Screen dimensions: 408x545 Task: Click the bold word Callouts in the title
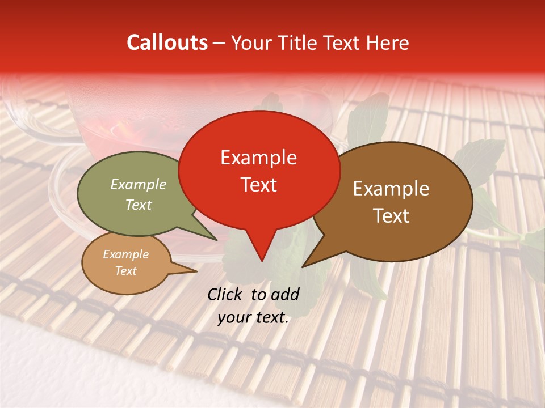[167, 42]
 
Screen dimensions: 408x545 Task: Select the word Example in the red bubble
[258, 158]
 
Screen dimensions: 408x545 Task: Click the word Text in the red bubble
[258, 185]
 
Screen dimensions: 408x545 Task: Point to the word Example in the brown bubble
[391, 189]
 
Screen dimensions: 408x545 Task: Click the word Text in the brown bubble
[391, 216]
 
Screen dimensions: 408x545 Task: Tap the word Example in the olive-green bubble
[139, 184]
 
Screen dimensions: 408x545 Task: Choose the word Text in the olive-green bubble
[139, 205]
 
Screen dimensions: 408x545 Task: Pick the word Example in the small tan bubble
[125, 254]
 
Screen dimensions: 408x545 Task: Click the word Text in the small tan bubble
[125, 271]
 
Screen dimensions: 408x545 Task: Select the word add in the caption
[284, 294]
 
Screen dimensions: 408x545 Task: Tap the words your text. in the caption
[253, 318]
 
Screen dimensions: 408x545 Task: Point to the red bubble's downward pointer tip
[261, 260]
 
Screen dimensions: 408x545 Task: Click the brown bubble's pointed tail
[304, 265]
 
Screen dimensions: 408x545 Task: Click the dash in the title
[219, 42]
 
